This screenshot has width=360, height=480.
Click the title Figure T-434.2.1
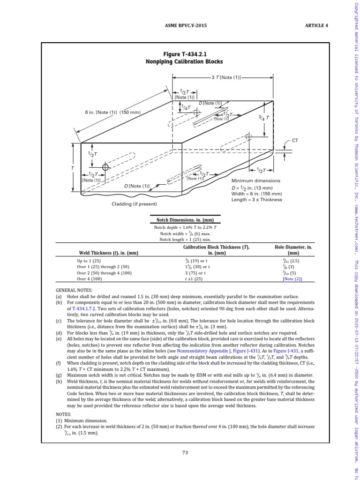(186, 54)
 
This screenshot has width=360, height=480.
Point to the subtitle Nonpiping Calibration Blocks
(186, 62)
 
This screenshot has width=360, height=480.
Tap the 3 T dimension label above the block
(226, 77)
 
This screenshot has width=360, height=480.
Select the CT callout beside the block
(295, 140)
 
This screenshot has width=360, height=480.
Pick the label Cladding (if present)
(134, 204)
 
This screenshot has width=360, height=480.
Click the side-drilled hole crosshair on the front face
(106, 167)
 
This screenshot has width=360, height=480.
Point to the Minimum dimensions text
(256, 180)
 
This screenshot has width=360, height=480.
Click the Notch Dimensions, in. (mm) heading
(185, 220)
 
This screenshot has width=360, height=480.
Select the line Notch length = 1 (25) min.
(185, 240)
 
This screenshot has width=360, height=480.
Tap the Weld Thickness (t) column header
(108, 253)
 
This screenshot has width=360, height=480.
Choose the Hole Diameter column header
(293, 250)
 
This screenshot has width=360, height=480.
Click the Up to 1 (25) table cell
(89, 260)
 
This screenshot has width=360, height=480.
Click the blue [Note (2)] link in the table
(292, 278)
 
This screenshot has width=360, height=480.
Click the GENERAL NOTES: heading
(74, 291)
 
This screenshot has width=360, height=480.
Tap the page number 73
(185, 452)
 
